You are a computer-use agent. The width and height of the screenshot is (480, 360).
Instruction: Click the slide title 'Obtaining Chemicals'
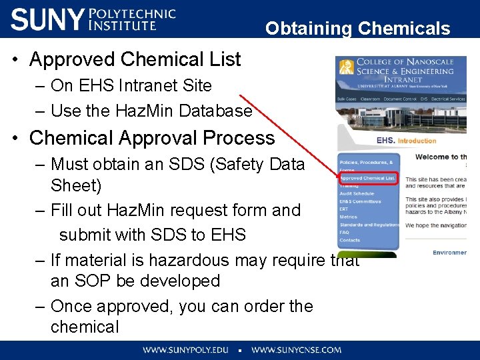357,29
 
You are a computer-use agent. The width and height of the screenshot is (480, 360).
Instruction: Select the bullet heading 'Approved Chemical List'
135,59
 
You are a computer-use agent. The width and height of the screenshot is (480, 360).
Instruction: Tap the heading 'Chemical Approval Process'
152,138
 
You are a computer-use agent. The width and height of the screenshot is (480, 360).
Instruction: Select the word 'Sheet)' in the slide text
75,185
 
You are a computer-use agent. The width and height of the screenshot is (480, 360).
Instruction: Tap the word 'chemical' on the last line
85,327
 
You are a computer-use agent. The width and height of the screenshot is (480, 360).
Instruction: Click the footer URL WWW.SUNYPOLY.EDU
185,350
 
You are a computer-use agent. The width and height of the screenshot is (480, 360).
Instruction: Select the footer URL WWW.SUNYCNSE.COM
296,350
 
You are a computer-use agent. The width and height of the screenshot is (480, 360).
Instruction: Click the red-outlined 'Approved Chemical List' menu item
367,178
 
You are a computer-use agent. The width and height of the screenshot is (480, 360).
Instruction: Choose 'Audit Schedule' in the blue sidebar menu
357,193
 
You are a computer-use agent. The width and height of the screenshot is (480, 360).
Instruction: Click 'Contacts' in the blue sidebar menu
350,240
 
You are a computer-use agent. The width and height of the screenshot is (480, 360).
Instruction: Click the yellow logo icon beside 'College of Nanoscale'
346,67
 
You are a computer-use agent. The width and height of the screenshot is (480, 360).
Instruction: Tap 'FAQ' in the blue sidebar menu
345,233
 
